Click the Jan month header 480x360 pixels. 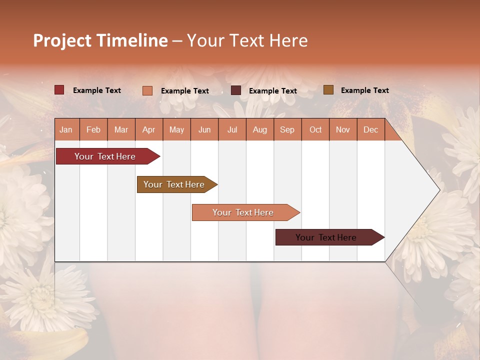click(66, 129)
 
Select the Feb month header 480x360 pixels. click(93, 129)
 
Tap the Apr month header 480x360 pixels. click(149, 129)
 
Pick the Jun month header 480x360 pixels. click(204, 129)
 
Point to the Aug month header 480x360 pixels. click(260, 129)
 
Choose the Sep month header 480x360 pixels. click(287, 129)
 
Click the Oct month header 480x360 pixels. click(315, 129)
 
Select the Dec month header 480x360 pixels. click(371, 129)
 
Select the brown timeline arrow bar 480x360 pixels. click(175, 184)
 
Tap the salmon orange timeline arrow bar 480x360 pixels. click(244, 212)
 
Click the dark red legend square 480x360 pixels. click(59, 90)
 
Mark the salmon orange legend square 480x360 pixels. click(147, 90)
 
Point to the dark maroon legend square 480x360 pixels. click(236, 90)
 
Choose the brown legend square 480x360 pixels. click(328, 90)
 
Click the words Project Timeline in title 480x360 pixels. click(100, 40)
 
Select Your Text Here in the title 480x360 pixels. click(247, 40)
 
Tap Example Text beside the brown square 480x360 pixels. click(364, 90)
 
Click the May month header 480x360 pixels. click(176, 129)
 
